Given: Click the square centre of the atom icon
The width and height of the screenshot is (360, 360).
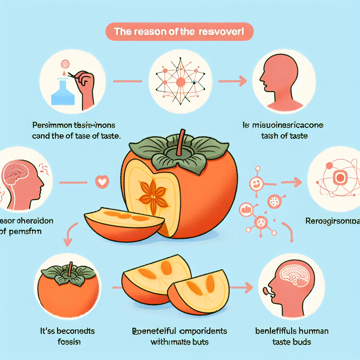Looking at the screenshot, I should [340, 178].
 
